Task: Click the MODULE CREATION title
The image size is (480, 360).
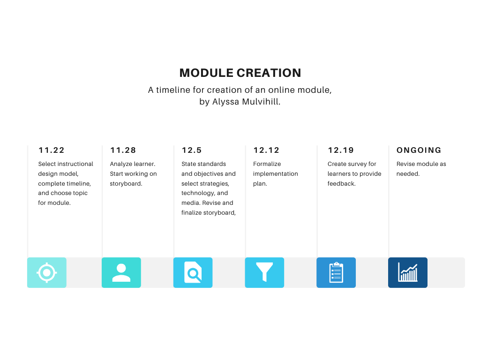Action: point(240,73)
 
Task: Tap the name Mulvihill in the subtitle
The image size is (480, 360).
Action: point(261,102)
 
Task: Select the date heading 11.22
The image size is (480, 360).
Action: point(52,150)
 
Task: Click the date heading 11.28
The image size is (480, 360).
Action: point(123,150)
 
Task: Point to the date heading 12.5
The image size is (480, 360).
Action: point(192,150)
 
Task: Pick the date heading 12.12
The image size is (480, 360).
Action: point(266,150)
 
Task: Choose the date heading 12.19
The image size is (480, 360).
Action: point(341,150)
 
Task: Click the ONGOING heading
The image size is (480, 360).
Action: point(419,150)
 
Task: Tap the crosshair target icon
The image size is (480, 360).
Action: point(47,272)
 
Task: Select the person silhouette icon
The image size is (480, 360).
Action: point(121,272)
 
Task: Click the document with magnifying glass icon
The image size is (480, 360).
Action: point(193,272)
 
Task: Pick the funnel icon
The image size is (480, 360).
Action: point(264,272)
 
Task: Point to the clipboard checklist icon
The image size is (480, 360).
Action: point(336,272)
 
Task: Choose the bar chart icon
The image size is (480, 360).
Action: point(408,272)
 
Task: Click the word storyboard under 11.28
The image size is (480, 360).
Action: point(126,184)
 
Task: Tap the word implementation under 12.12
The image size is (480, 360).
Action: point(276,174)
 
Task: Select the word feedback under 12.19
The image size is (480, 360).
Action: point(341,183)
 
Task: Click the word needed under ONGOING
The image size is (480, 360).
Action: point(408,173)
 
